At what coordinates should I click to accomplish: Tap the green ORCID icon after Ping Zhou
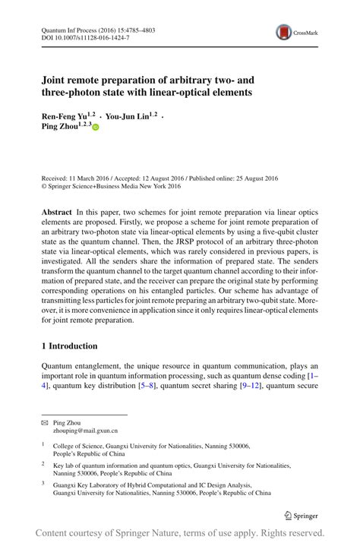96,127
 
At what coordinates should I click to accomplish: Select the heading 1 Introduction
70,346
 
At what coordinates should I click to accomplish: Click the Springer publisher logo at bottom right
301,515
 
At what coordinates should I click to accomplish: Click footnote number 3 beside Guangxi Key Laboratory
43,482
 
